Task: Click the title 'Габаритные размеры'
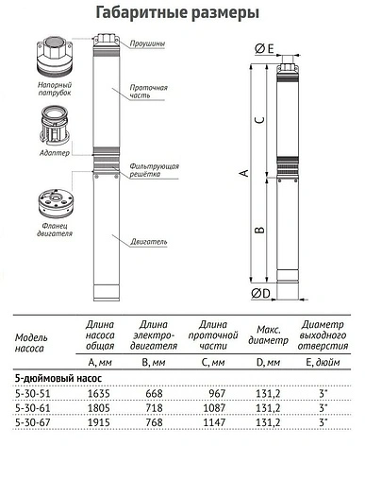(x=182, y=12)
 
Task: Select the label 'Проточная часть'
(x=149, y=92)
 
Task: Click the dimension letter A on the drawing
(x=243, y=173)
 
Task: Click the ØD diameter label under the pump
(x=263, y=293)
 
